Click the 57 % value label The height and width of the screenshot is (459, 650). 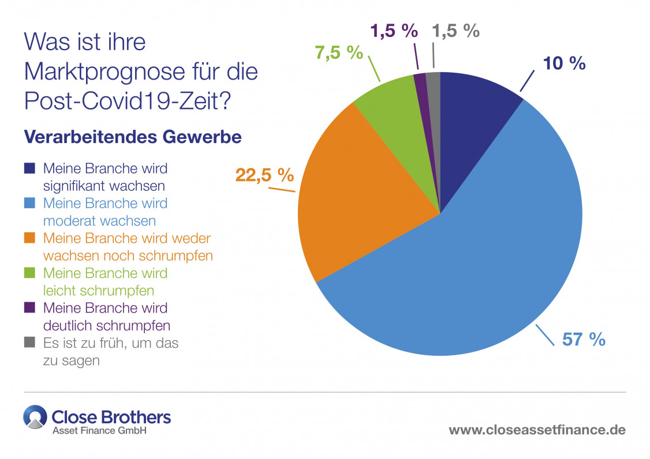point(584,339)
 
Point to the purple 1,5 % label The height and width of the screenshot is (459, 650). point(394,31)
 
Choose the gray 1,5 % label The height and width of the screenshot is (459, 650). point(456,31)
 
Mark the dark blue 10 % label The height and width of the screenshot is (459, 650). point(564,63)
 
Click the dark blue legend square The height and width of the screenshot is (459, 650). point(31,169)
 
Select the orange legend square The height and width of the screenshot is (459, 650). point(31,238)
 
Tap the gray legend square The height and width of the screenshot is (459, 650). point(31,343)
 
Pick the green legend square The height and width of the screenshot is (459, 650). point(31,273)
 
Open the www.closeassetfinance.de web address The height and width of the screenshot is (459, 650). point(537,430)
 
